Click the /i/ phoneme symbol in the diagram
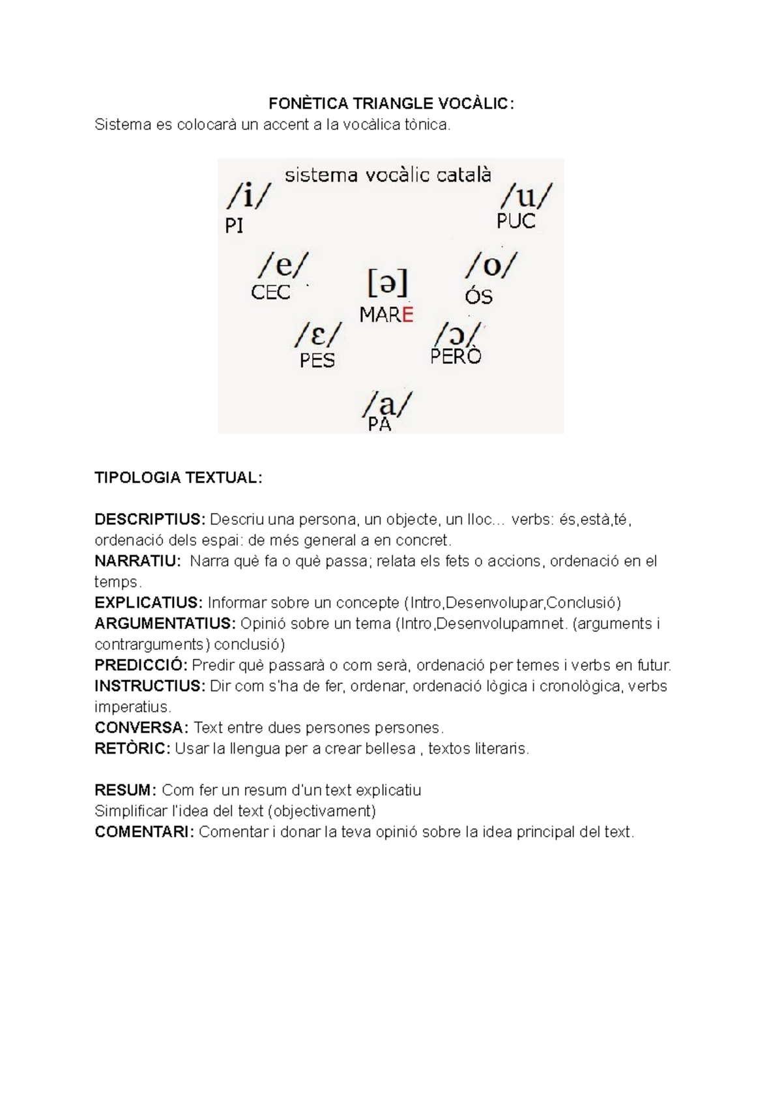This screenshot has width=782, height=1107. click(248, 194)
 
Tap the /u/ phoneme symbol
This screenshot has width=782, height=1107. click(526, 195)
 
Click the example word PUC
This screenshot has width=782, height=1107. click(515, 222)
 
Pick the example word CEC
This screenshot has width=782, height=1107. click(270, 292)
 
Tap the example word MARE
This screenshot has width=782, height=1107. click(386, 315)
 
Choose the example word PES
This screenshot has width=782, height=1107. click(317, 361)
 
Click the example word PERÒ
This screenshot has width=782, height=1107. click(456, 356)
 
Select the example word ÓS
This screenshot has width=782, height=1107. click(478, 297)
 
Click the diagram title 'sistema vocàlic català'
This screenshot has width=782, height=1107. click(388, 175)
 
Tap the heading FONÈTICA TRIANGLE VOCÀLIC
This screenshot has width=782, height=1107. click(391, 104)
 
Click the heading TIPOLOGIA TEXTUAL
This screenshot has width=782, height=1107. click(178, 477)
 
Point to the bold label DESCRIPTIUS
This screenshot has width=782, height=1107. click(150, 520)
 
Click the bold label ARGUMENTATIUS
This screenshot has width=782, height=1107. click(165, 624)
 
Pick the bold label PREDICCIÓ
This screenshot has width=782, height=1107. click(141, 666)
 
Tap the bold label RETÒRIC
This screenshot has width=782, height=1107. click(132, 749)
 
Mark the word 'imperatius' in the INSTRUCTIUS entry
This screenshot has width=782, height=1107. click(132, 707)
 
